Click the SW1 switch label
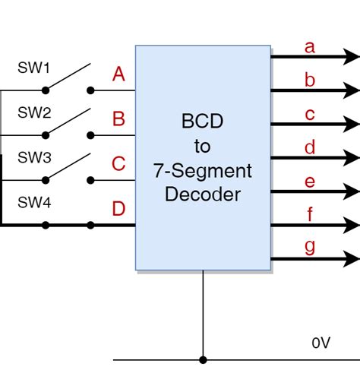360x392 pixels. point(34,68)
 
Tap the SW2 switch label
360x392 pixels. point(34,112)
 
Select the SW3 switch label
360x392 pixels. point(34,158)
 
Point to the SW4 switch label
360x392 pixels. point(34,203)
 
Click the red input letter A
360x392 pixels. point(118,74)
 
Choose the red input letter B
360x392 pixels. point(118,119)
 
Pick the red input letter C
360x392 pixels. point(118,164)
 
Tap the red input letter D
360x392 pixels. point(118,209)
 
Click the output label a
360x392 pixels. point(309,47)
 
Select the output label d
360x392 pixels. point(309,147)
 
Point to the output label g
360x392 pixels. point(309,248)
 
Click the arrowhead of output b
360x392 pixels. point(352,90)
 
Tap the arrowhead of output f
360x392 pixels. point(352,225)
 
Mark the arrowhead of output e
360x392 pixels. point(352,191)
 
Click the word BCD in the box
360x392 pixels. point(202,122)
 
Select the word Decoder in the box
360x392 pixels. point(202,194)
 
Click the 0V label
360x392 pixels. point(321,343)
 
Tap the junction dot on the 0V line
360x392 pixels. point(203,360)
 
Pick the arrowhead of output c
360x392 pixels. point(352,124)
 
